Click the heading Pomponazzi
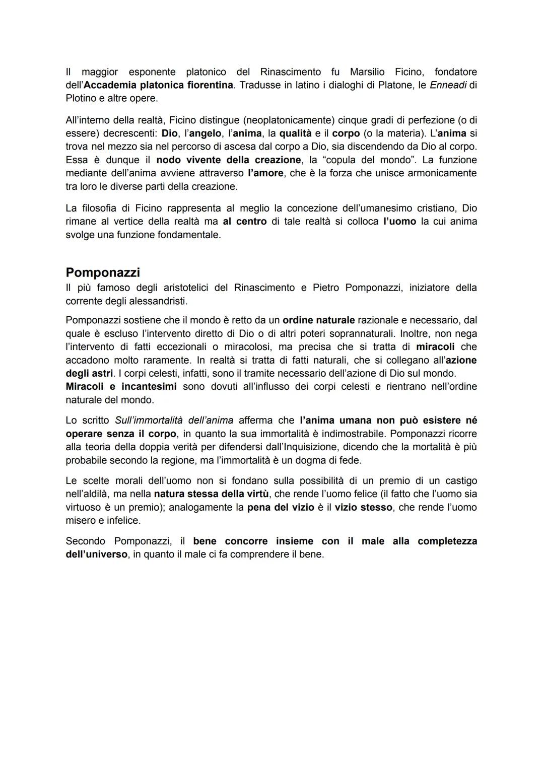tap(103, 272)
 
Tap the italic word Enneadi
tap(448, 85)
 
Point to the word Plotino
tap(82, 98)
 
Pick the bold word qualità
tap(295, 133)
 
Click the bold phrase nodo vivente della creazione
tap(228, 160)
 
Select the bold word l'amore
tap(265, 173)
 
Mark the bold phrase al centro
tap(244, 222)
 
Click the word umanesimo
tap(383, 208)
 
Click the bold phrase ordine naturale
tap(318, 320)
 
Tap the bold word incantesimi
tap(149, 386)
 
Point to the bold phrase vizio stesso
tap(363, 507)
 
